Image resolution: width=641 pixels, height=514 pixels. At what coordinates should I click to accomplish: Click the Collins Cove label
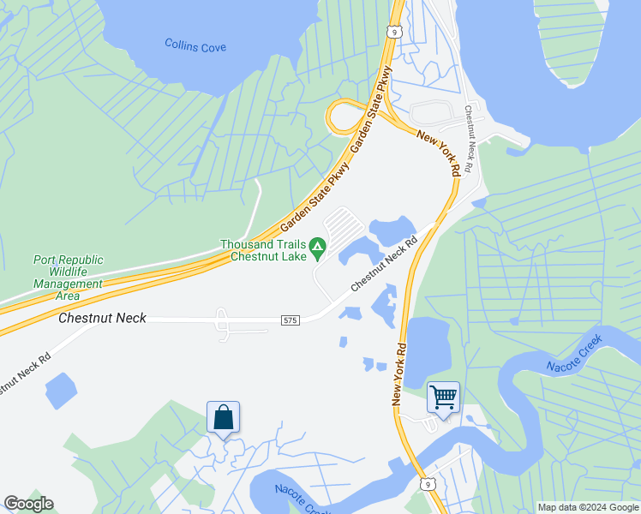point(195,46)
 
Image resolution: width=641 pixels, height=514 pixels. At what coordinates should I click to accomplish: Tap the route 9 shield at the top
point(393,32)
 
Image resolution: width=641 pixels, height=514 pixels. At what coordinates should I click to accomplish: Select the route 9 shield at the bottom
point(426,485)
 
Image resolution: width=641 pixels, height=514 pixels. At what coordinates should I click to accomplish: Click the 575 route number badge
point(290,320)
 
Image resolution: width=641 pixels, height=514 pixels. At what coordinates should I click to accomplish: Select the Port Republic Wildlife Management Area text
point(68,278)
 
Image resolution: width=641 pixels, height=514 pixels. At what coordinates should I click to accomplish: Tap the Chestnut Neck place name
point(102,318)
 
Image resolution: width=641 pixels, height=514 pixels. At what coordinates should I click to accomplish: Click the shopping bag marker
point(223,418)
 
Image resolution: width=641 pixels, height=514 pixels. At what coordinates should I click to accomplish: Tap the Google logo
point(28,504)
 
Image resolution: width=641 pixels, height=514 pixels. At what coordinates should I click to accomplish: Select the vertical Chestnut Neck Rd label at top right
point(469,140)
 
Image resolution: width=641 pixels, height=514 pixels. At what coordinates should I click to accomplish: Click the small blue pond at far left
point(60,390)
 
